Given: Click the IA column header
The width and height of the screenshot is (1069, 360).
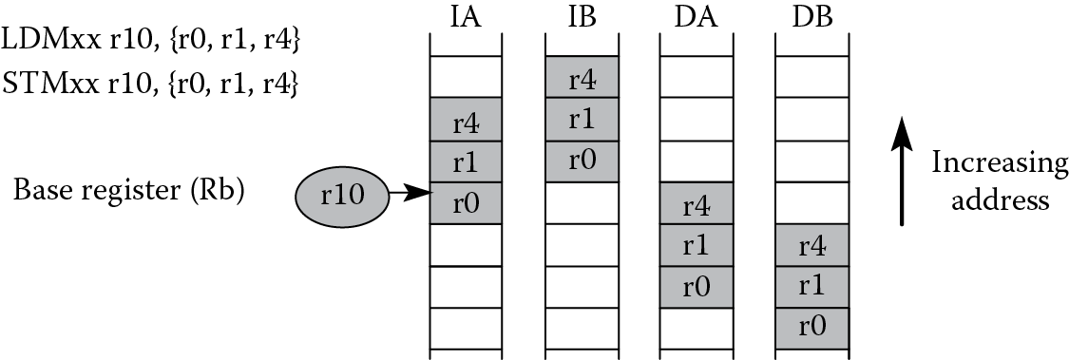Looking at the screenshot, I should click(x=466, y=16).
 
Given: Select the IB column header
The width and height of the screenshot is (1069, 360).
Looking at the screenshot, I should click(x=581, y=16).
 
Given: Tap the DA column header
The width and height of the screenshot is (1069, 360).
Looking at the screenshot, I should click(x=697, y=16).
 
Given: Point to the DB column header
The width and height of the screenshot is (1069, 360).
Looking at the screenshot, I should click(x=812, y=16).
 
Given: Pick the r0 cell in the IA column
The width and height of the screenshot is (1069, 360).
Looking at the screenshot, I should click(x=466, y=202).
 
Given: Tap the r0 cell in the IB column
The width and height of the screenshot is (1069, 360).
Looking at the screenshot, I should click(x=582, y=160).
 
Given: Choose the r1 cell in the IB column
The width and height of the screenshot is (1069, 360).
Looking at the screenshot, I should click(x=582, y=119).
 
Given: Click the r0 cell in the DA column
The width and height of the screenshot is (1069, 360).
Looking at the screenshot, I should click(x=697, y=286).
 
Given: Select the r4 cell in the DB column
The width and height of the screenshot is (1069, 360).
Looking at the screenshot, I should click(x=812, y=245).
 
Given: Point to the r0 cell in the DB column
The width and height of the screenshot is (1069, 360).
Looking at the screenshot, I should click(x=812, y=328).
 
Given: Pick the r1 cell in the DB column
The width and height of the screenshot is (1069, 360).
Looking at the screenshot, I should click(x=812, y=286).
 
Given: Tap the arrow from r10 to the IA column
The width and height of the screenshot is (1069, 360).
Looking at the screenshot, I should click(x=410, y=195).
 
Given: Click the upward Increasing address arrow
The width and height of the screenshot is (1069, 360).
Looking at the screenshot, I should click(x=902, y=171).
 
